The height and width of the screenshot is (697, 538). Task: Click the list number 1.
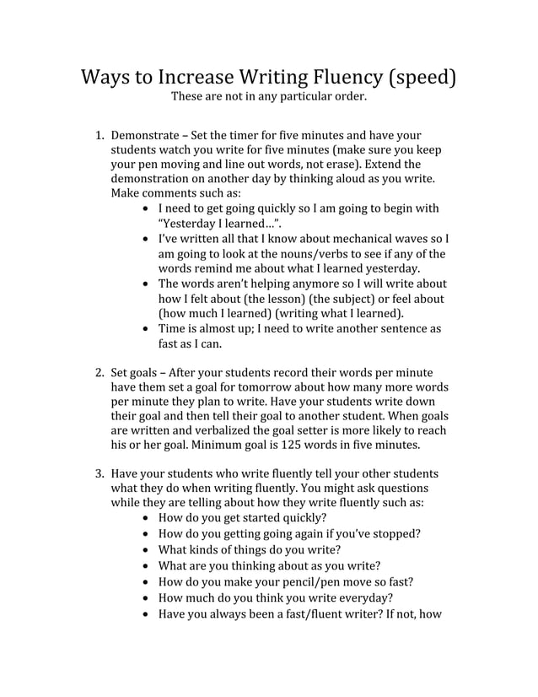97,135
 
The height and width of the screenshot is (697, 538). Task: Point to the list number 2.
97,372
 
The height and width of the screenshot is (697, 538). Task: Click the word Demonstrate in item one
145,135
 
